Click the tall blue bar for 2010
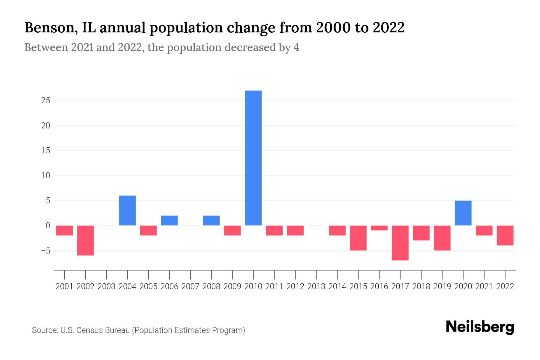(253, 158)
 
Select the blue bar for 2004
(127, 210)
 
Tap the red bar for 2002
(85, 240)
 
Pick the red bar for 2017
(400, 243)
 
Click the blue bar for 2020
(463, 213)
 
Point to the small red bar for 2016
(379, 228)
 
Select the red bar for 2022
(505, 235)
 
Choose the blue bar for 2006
(169, 220)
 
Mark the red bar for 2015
(358, 238)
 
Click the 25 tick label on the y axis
(46, 100)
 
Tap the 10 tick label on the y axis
(46, 175)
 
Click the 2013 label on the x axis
(316, 286)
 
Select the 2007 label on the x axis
(190, 286)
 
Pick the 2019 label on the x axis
(442, 286)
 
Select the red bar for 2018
(421, 233)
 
